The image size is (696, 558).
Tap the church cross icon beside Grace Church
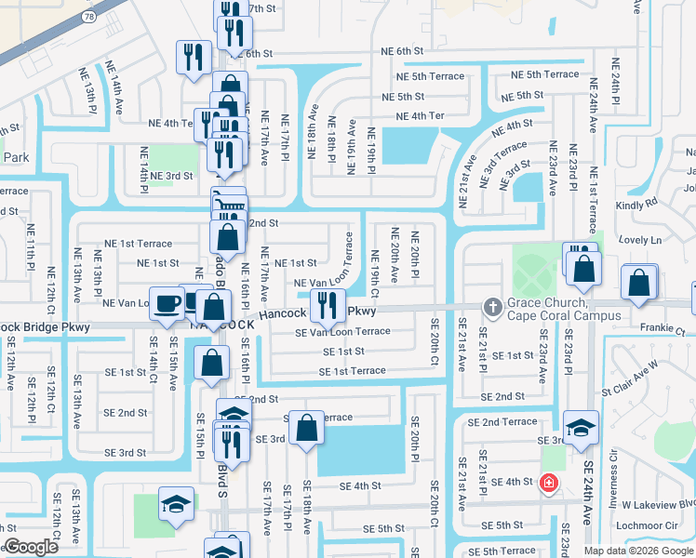pos(492,306)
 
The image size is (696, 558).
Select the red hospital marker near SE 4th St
pos(549,483)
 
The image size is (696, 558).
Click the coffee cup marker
pos(167,303)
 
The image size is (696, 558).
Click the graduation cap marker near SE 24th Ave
pos(581,428)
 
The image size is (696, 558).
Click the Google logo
pos(31,547)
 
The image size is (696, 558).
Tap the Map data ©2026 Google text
pos(638,550)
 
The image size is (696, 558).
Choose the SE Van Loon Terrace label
pos(342,332)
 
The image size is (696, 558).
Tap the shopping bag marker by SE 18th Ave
pos(306,429)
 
